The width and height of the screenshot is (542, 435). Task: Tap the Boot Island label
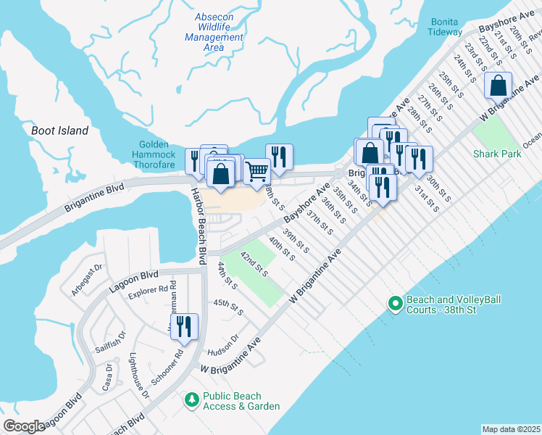click(59, 131)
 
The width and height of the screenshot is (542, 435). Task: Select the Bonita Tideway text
click(444, 27)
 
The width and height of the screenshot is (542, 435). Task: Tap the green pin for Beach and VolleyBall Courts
click(395, 304)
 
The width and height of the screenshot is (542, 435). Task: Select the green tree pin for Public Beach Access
click(191, 400)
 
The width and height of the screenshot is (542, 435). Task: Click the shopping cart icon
click(257, 171)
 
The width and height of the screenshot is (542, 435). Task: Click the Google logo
click(24, 426)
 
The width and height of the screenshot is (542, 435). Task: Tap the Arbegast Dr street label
click(88, 282)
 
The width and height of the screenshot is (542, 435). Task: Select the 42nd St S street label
click(254, 265)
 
